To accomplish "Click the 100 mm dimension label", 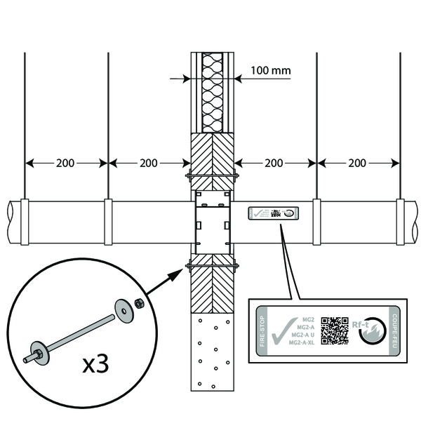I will coord(269,71).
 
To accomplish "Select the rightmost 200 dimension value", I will coord(358,163).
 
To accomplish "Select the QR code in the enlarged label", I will coord(335,330).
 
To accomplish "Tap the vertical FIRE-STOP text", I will coord(262,331).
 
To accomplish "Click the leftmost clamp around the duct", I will coord(25,222).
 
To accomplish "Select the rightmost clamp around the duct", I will coord(400,222).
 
